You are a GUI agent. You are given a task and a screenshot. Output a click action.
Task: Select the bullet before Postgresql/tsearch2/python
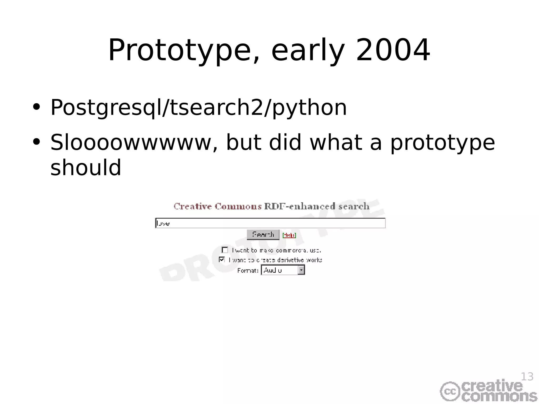click(x=36, y=107)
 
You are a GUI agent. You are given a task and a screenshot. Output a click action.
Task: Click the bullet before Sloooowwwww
click(x=36, y=142)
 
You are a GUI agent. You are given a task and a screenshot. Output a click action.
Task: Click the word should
click(x=86, y=168)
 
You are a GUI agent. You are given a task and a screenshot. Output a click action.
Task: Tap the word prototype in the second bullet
click(x=442, y=143)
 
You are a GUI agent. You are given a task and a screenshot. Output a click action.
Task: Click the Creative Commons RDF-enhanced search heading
click(x=271, y=206)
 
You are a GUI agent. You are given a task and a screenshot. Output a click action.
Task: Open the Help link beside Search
click(x=289, y=235)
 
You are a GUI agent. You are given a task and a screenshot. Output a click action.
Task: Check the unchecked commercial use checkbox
click(x=225, y=250)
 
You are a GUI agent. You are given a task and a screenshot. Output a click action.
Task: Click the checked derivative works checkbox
click(x=222, y=260)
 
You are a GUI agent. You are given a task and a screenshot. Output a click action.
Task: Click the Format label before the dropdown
click(x=247, y=271)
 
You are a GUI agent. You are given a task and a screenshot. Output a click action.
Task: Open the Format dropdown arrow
click(x=301, y=270)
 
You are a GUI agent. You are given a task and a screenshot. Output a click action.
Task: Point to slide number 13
click(x=527, y=377)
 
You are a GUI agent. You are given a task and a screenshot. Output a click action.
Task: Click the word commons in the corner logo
click(x=499, y=397)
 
